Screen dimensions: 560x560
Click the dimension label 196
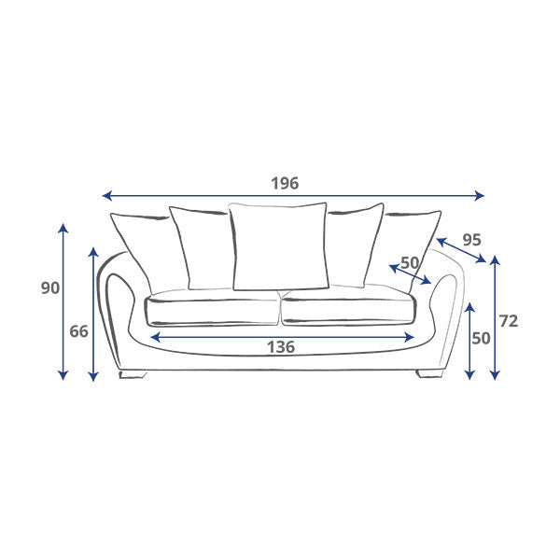tap(285, 183)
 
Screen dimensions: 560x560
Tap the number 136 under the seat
tap(281, 347)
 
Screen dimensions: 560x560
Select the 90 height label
tap(50, 287)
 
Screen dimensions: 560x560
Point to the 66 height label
tap(78, 331)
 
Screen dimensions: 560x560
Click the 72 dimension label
tap(509, 321)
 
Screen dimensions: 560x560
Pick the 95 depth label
tap(471, 240)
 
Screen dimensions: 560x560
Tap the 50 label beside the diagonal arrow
tap(410, 263)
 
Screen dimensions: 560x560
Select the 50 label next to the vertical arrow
tap(481, 338)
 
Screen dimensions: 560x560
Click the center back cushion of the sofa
tap(279, 245)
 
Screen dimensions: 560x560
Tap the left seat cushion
tap(212, 311)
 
